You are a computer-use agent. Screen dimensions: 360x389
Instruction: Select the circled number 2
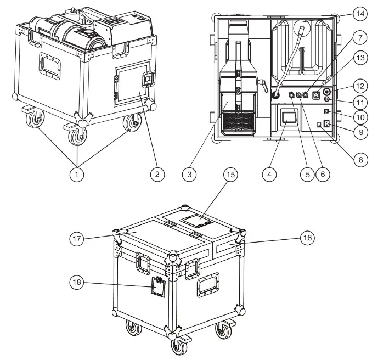157,174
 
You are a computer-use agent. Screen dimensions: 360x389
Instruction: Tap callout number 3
189,174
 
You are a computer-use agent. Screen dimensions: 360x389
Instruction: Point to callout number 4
269,174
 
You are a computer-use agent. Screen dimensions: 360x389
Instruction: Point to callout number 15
230,175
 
